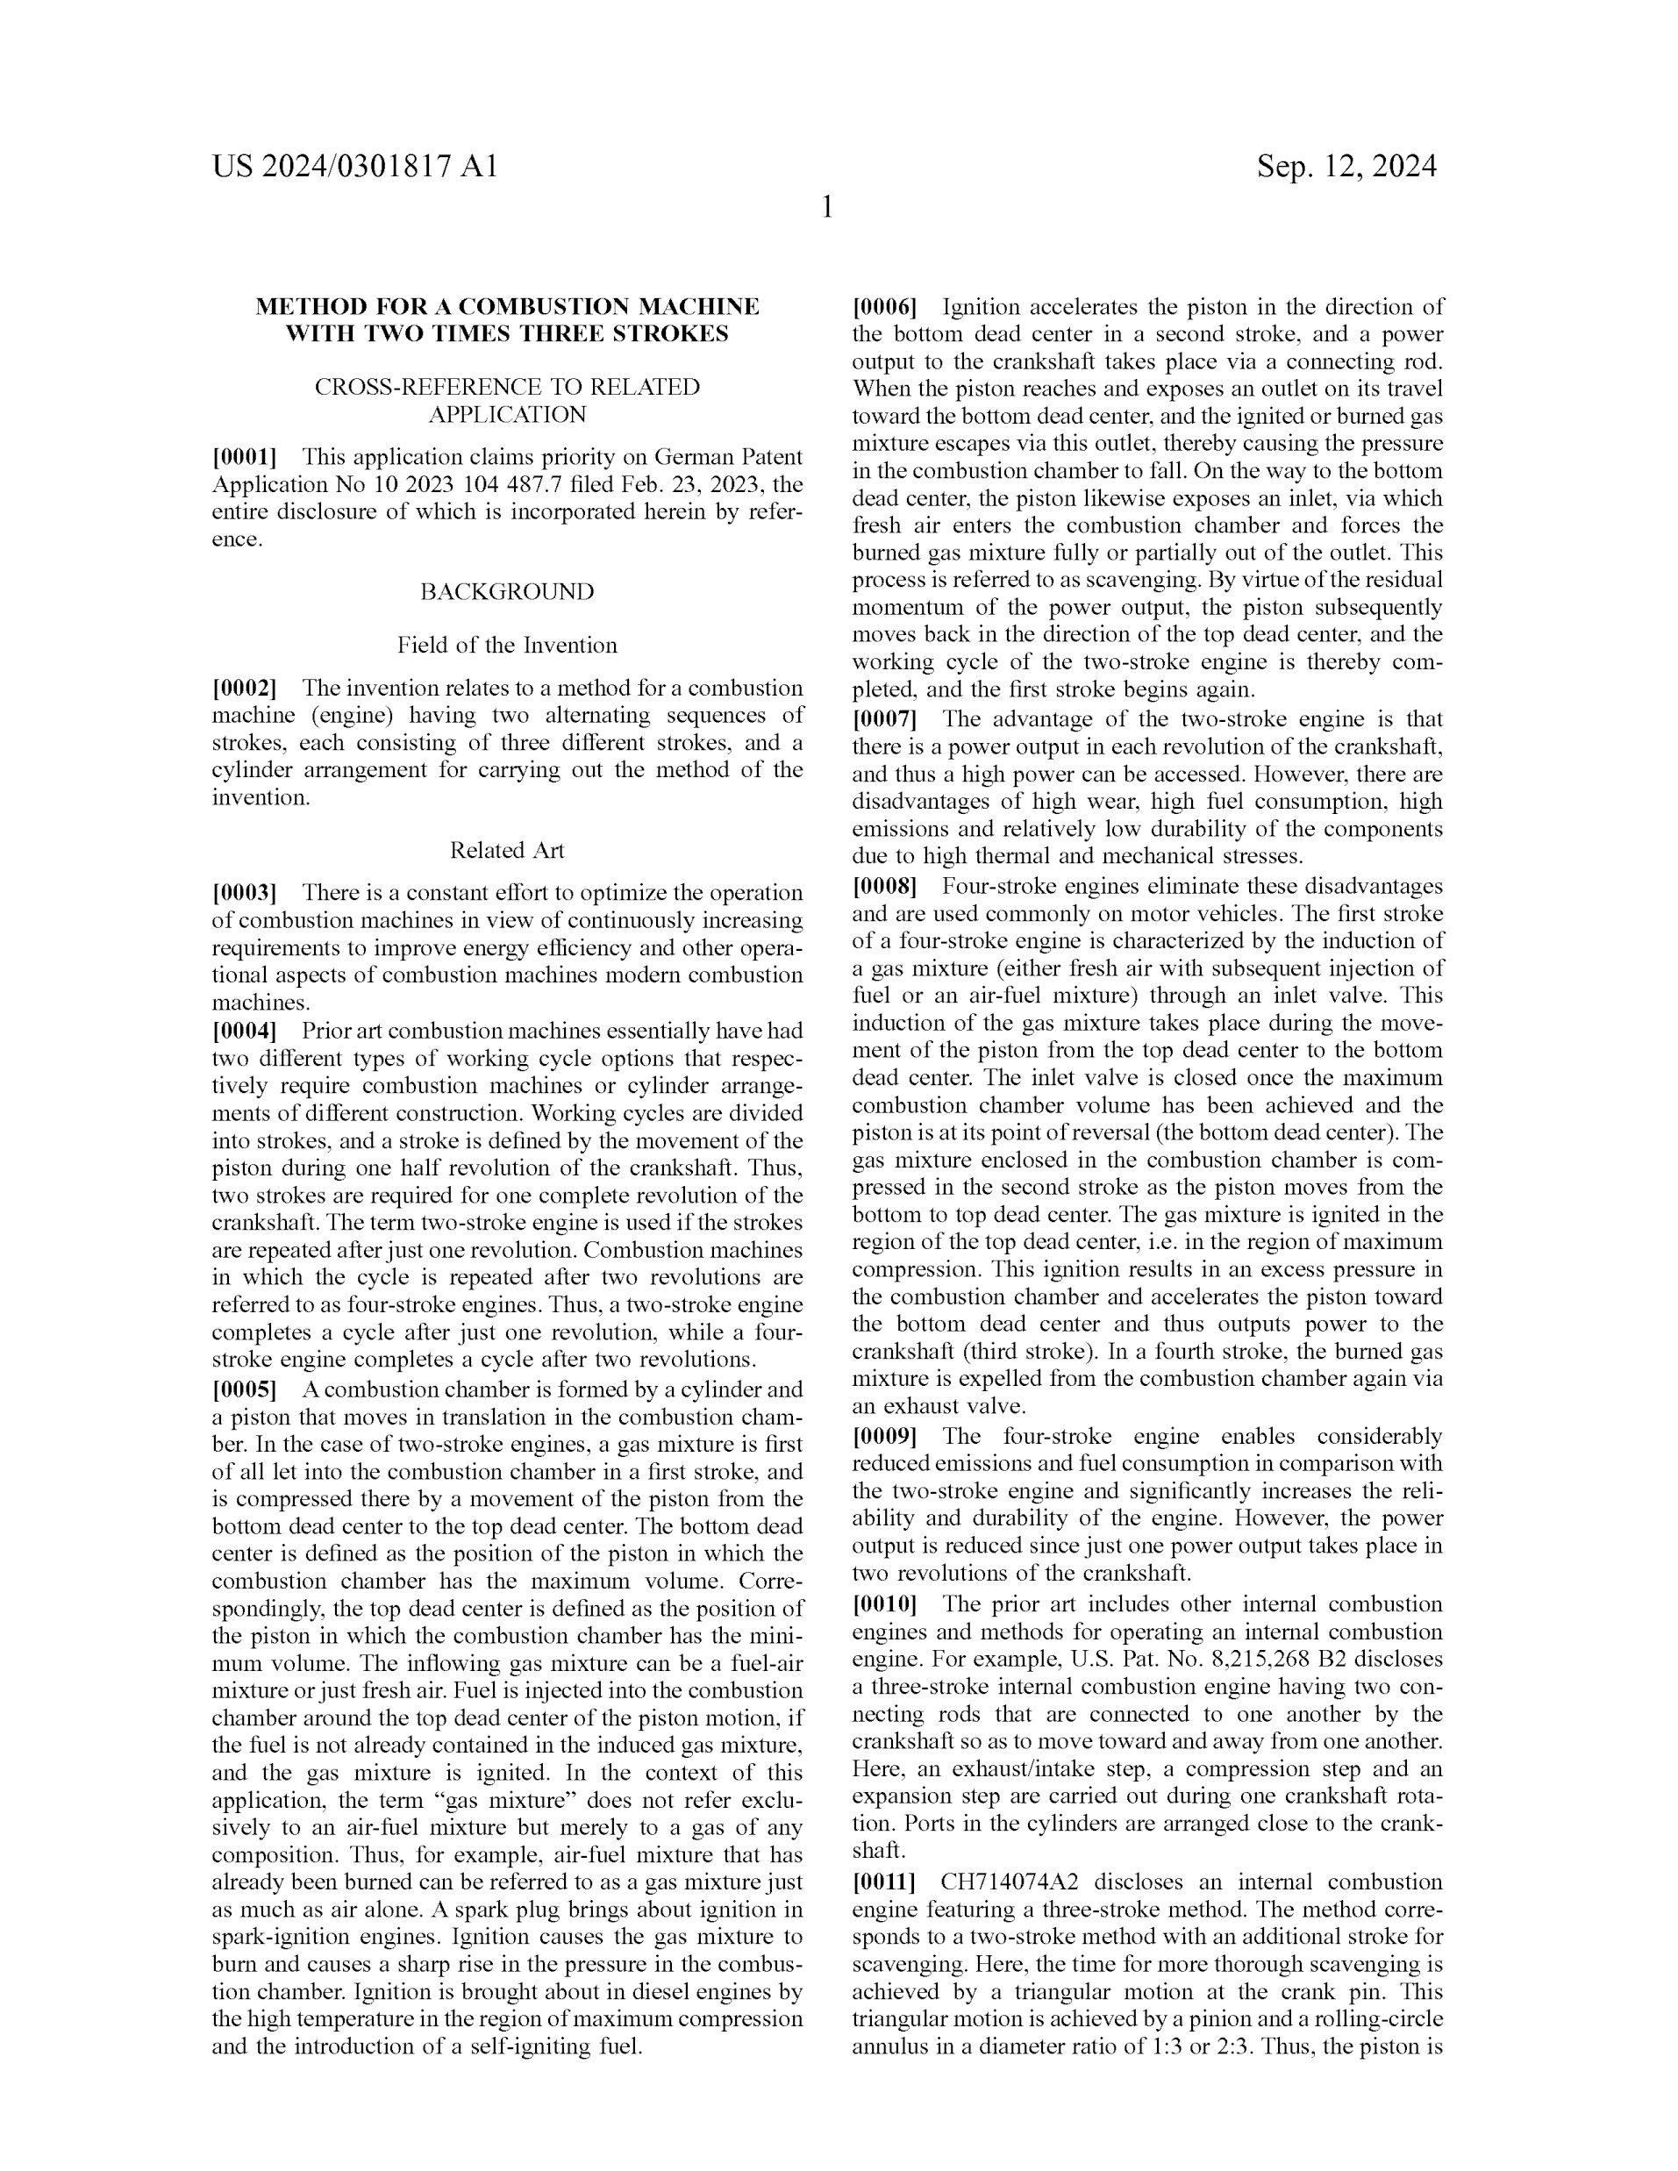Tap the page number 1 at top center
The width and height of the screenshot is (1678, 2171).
click(x=827, y=208)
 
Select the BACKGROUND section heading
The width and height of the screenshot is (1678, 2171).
click(x=507, y=592)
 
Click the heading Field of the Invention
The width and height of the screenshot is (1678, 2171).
click(x=507, y=645)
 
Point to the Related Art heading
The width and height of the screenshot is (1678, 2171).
click(x=507, y=850)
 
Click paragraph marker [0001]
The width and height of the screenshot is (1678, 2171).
click(x=245, y=457)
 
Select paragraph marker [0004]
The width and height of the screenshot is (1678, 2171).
click(x=245, y=1031)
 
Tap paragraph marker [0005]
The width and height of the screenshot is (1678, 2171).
click(x=245, y=1389)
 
